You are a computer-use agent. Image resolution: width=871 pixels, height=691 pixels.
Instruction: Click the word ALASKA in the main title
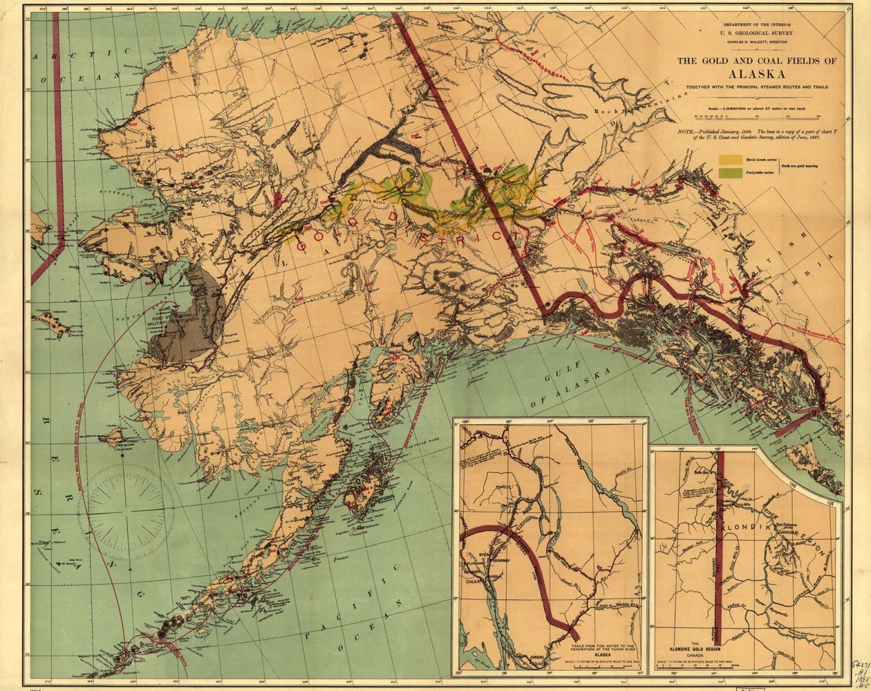point(756,74)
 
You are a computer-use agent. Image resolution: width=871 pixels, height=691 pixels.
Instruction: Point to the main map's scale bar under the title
point(756,116)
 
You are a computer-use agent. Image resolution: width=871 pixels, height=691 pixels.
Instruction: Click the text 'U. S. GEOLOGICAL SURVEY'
point(756,32)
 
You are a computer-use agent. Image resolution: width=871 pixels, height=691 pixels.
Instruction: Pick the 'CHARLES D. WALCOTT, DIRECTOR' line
point(756,42)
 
